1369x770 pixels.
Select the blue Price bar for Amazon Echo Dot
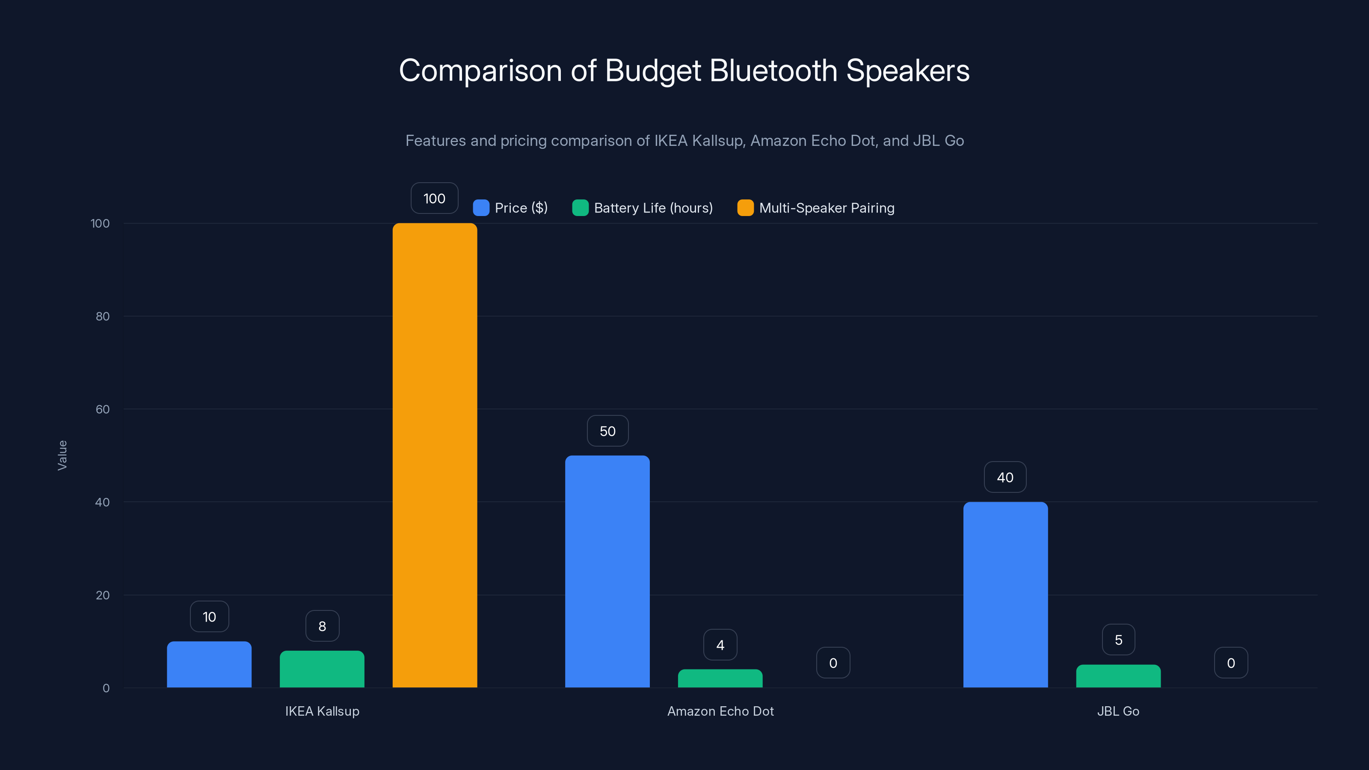[607, 571]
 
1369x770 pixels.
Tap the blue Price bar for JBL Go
[1005, 594]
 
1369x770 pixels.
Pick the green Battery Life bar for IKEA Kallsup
[322, 669]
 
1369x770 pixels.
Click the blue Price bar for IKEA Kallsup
[209, 664]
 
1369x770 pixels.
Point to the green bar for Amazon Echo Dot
[720, 678]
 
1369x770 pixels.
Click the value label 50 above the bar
[607, 431]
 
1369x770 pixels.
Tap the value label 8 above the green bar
[322, 626]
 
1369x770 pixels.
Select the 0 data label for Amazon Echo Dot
[833, 663]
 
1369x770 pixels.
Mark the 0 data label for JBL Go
[1231, 663]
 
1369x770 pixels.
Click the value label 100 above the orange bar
[434, 198]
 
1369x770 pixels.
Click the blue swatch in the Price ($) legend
[481, 208]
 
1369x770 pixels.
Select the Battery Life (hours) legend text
[653, 208]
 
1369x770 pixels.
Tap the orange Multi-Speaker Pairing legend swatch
[745, 208]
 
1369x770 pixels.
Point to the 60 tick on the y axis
[103, 409]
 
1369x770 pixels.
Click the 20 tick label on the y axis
[103, 595]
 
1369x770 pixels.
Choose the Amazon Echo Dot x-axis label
[720, 711]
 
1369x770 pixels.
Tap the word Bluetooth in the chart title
[773, 71]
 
